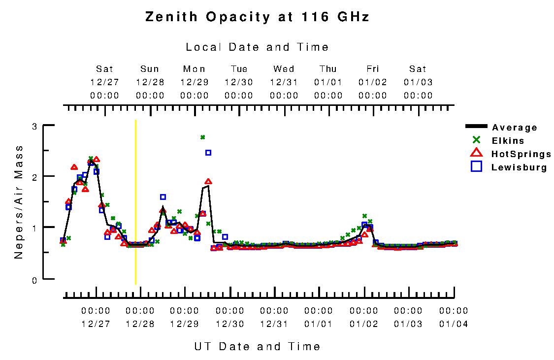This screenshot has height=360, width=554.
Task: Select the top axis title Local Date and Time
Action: coord(257,47)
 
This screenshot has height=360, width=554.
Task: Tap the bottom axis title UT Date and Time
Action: coord(257,346)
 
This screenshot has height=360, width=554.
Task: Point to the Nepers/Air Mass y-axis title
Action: coord(19,202)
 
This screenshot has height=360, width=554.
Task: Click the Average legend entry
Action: coord(514,128)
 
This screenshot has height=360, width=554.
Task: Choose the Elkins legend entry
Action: coord(507,141)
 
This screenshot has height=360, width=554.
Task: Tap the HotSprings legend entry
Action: coord(521,154)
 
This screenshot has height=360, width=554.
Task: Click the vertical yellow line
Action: coord(135,202)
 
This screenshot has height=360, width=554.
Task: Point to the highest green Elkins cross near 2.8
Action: coord(202,137)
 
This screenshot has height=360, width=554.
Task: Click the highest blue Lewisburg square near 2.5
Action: coord(208,153)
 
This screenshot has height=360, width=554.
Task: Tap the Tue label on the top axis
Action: coord(239,69)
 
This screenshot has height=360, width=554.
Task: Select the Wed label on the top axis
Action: coord(284,69)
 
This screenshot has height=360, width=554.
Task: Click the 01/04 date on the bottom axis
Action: coord(454,324)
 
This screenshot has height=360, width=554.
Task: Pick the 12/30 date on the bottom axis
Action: coord(229,324)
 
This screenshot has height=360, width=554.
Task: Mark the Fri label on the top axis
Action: coord(373,69)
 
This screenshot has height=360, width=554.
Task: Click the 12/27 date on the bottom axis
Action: coord(96,324)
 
